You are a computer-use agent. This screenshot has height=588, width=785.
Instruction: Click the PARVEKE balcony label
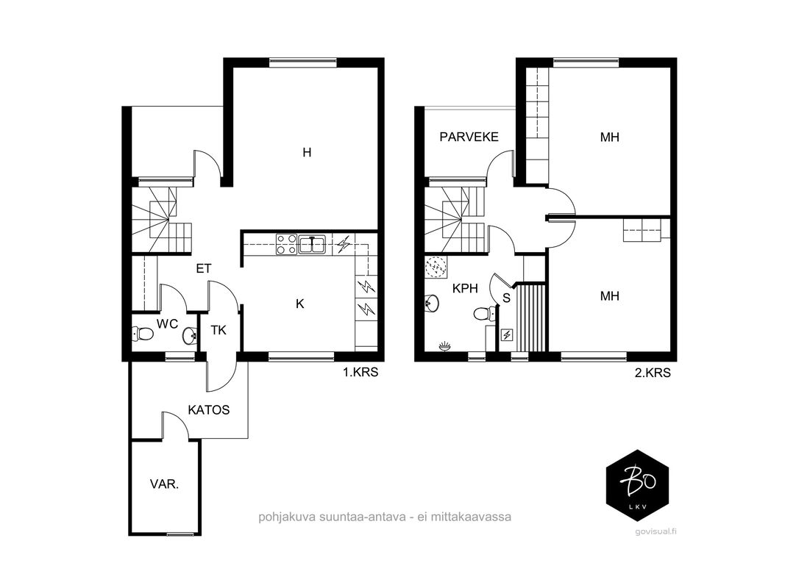[469, 137]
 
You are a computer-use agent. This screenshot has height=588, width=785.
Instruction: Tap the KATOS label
[209, 410]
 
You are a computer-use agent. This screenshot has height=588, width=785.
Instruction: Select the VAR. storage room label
[164, 484]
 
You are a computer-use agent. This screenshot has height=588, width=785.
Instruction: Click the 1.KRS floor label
[360, 373]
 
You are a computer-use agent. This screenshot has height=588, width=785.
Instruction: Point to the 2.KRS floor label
[653, 373]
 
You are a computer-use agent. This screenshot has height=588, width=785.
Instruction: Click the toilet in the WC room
[142, 334]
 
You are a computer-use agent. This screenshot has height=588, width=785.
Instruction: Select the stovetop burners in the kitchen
[286, 245]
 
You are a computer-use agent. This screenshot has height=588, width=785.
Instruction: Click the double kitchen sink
[312, 245]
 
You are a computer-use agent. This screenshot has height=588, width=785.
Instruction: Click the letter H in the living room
[307, 152]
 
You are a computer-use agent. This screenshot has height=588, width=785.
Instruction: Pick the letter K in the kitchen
[300, 304]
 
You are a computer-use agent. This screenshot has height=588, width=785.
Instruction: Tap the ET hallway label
[203, 269]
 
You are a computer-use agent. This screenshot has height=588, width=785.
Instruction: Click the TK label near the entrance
[219, 331]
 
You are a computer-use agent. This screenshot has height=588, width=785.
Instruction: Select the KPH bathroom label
[465, 289]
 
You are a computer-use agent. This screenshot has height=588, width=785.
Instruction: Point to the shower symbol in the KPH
[436, 267]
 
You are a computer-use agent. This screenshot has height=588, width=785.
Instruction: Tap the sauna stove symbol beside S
[507, 334]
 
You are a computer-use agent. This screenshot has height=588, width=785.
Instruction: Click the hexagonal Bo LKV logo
[637, 486]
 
